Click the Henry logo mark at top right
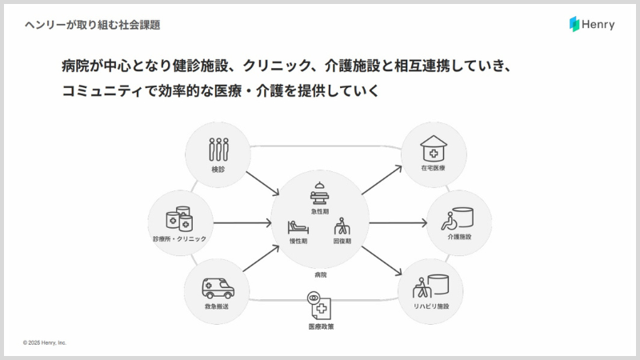(574, 25)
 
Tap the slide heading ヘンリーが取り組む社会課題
(92, 25)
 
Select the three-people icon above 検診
(218, 149)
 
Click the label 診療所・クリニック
(179, 238)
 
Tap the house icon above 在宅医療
(434, 148)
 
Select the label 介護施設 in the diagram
(459, 238)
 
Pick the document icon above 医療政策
(319, 306)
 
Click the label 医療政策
(321, 326)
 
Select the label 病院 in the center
(320, 274)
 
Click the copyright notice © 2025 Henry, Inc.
(45, 342)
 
